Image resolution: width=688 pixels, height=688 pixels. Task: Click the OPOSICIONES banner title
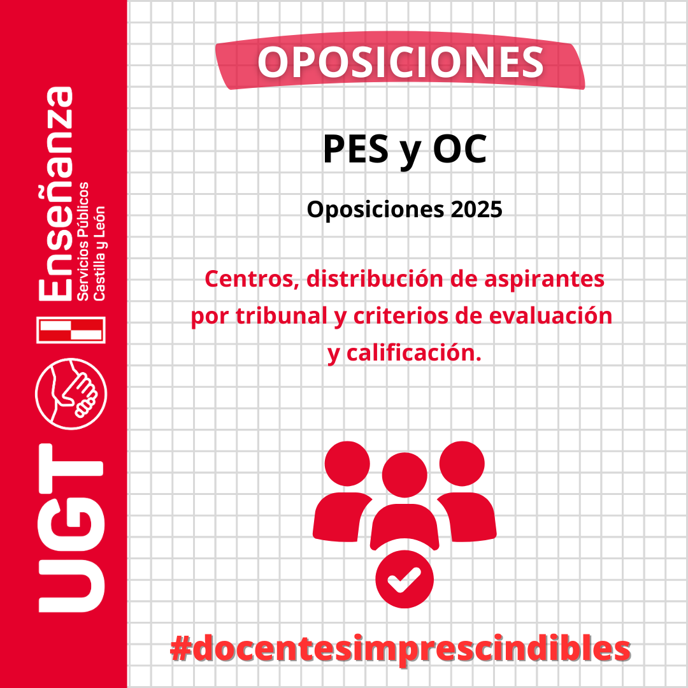400,62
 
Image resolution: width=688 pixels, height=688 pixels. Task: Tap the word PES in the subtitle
356,148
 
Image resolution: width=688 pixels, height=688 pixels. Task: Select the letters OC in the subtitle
460,148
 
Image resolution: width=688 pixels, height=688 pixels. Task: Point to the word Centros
252,279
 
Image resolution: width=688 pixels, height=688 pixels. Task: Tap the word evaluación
550,315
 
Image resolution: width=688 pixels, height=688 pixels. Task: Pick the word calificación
414,353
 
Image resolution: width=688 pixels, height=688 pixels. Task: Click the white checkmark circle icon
405,579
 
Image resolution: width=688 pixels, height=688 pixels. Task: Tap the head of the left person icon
347,464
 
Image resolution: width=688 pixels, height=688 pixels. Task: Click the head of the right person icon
462,464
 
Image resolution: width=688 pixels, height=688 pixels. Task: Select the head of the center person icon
405,475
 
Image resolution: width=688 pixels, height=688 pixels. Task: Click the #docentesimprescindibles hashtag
400,649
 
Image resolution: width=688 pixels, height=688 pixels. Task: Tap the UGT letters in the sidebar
71,528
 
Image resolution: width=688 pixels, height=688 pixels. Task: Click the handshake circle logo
71,394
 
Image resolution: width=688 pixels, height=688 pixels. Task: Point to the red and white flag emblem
71,330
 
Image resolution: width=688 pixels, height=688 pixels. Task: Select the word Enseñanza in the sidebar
55,194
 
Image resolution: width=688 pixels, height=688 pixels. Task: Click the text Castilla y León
99,253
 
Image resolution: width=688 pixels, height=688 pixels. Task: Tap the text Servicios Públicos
83,241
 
